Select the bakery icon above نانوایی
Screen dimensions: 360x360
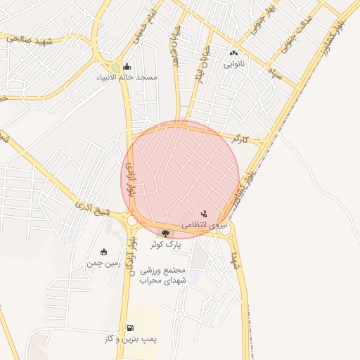(x=234, y=53)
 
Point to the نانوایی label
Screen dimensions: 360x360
(x=234, y=64)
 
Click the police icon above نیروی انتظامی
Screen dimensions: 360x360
(x=204, y=213)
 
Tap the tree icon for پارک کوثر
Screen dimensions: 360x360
(x=166, y=233)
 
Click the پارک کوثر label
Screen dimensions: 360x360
(x=166, y=245)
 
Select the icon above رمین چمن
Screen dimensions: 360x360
(x=104, y=252)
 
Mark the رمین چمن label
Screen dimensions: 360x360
(x=99, y=263)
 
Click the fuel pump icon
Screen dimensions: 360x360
(x=130, y=328)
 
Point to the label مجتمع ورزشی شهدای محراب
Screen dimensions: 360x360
(x=162, y=276)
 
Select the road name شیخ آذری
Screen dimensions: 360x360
(x=91, y=208)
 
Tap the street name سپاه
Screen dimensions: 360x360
(x=274, y=73)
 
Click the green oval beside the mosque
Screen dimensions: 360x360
(x=116, y=67)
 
